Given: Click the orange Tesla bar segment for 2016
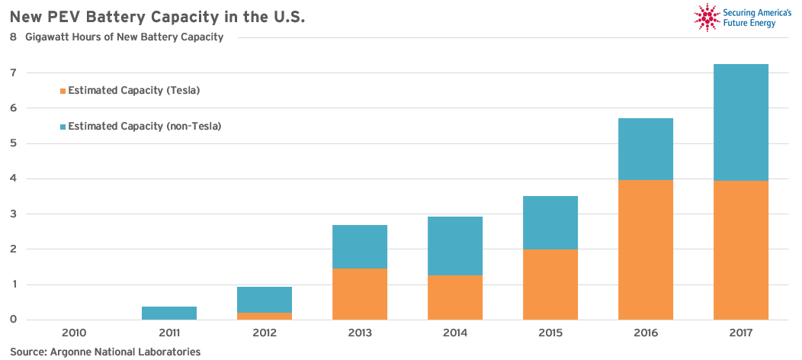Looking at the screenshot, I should tap(646, 249).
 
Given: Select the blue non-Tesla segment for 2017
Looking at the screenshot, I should tap(741, 122).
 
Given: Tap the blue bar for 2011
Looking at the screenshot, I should tap(169, 313).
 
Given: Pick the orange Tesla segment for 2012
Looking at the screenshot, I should tap(265, 316).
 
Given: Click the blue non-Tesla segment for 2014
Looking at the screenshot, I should tap(455, 246).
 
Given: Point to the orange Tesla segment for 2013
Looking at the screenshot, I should tap(360, 294).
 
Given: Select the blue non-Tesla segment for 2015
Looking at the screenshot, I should tap(550, 223).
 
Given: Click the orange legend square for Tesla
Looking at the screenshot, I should tap(63, 91).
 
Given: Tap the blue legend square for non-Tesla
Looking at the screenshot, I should tap(63, 127).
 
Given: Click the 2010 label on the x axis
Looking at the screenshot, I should tap(74, 333).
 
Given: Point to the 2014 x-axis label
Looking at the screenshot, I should tap(455, 333).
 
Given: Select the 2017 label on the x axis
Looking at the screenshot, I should tap(741, 333).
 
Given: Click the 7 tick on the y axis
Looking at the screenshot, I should tap(14, 73).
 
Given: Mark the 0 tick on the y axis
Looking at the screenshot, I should tap(14, 320).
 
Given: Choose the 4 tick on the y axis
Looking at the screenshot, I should tap(14, 178).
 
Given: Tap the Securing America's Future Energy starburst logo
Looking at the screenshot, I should tap(707, 18).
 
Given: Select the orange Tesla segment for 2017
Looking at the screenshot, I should tap(741, 250).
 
